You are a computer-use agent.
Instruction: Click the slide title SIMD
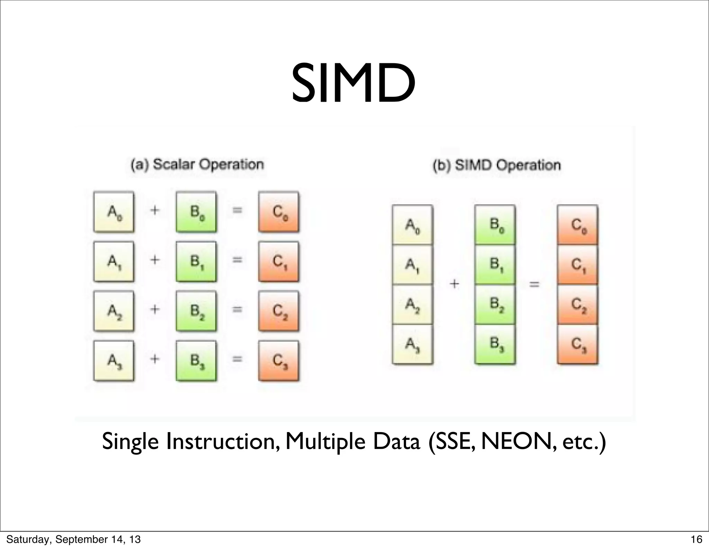pos(353,84)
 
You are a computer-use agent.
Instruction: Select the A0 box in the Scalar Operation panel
pos(114,212)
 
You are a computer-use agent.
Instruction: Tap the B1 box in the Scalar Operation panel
pos(196,262)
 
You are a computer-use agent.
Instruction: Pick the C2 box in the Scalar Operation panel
pos(279,311)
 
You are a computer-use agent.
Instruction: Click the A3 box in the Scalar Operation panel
pos(114,361)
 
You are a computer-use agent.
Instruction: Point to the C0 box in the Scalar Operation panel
pos(279,212)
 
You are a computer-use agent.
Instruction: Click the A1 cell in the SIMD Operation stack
pos(412,265)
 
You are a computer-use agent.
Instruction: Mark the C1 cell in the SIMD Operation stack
pos(577,265)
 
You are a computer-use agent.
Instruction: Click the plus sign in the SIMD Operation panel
pos(454,284)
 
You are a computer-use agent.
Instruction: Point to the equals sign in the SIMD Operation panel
pos(535,285)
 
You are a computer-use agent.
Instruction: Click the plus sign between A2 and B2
pos(155,309)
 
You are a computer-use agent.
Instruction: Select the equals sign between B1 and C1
pos(237,260)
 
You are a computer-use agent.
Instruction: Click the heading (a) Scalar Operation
pos(197,164)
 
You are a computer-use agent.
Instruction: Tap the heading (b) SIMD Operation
pos(497,165)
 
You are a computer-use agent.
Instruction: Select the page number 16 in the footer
pos(696,539)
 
